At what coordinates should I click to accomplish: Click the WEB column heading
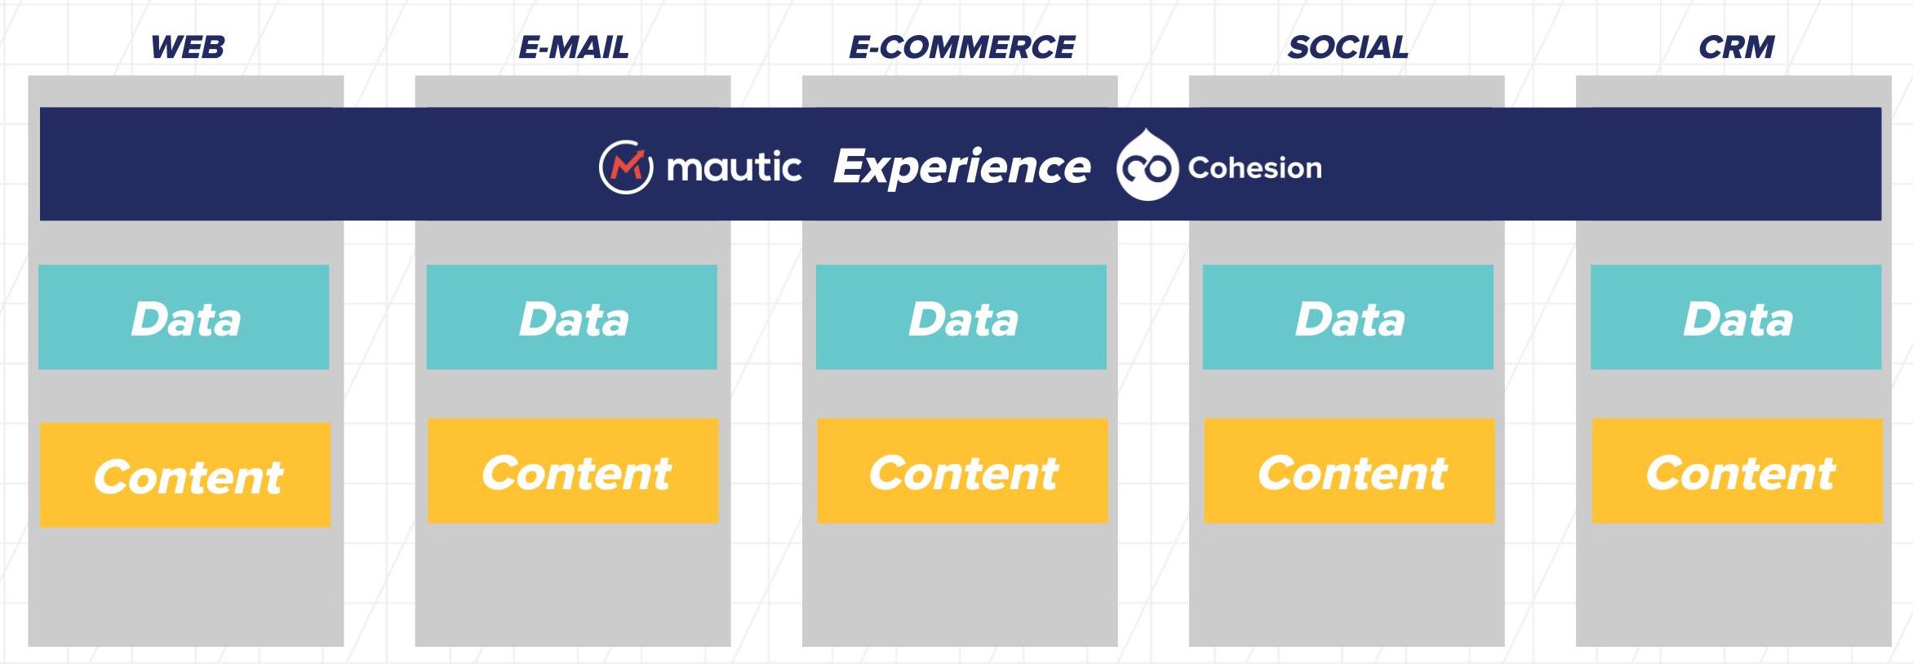click(x=188, y=47)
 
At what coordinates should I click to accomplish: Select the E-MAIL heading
click(x=574, y=47)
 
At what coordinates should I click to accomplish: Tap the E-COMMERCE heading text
click(x=961, y=47)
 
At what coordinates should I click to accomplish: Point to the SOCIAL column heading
click(x=1348, y=47)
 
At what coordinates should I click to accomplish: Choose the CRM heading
click(x=1736, y=47)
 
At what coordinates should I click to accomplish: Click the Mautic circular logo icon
click(x=626, y=167)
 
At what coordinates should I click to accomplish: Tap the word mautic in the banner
click(x=734, y=167)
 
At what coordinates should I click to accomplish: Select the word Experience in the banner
click(x=961, y=167)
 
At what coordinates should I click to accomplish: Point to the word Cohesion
click(x=1254, y=167)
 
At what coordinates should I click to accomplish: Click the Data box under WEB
click(x=184, y=317)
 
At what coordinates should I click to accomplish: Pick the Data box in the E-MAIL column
click(x=571, y=317)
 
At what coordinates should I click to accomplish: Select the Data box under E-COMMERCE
click(x=961, y=317)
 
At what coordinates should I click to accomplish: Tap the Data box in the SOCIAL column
click(x=1348, y=317)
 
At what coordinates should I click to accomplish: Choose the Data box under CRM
click(x=1736, y=317)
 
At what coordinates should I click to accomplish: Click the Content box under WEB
click(x=185, y=475)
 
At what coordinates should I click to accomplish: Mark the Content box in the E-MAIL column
click(x=573, y=470)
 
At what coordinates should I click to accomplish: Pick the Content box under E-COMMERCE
click(x=963, y=470)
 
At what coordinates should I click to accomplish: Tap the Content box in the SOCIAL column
click(x=1350, y=470)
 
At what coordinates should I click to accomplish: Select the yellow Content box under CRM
click(x=1738, y=470)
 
